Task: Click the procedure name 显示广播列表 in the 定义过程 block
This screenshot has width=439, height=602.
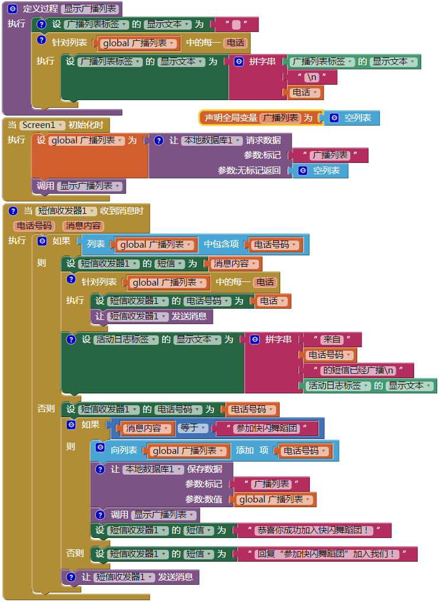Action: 91,9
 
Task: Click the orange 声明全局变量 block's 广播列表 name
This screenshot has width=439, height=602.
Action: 280,118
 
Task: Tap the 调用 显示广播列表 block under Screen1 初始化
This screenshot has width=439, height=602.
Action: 78,186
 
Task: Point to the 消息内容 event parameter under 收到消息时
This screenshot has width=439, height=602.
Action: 83,226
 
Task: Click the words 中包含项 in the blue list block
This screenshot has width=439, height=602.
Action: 222,244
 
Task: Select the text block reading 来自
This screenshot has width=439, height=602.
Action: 331,340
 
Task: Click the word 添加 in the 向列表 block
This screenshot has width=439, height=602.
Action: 245,450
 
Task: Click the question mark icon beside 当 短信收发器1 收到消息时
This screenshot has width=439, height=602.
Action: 13,211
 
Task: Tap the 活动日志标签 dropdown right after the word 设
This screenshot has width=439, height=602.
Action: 127,340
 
